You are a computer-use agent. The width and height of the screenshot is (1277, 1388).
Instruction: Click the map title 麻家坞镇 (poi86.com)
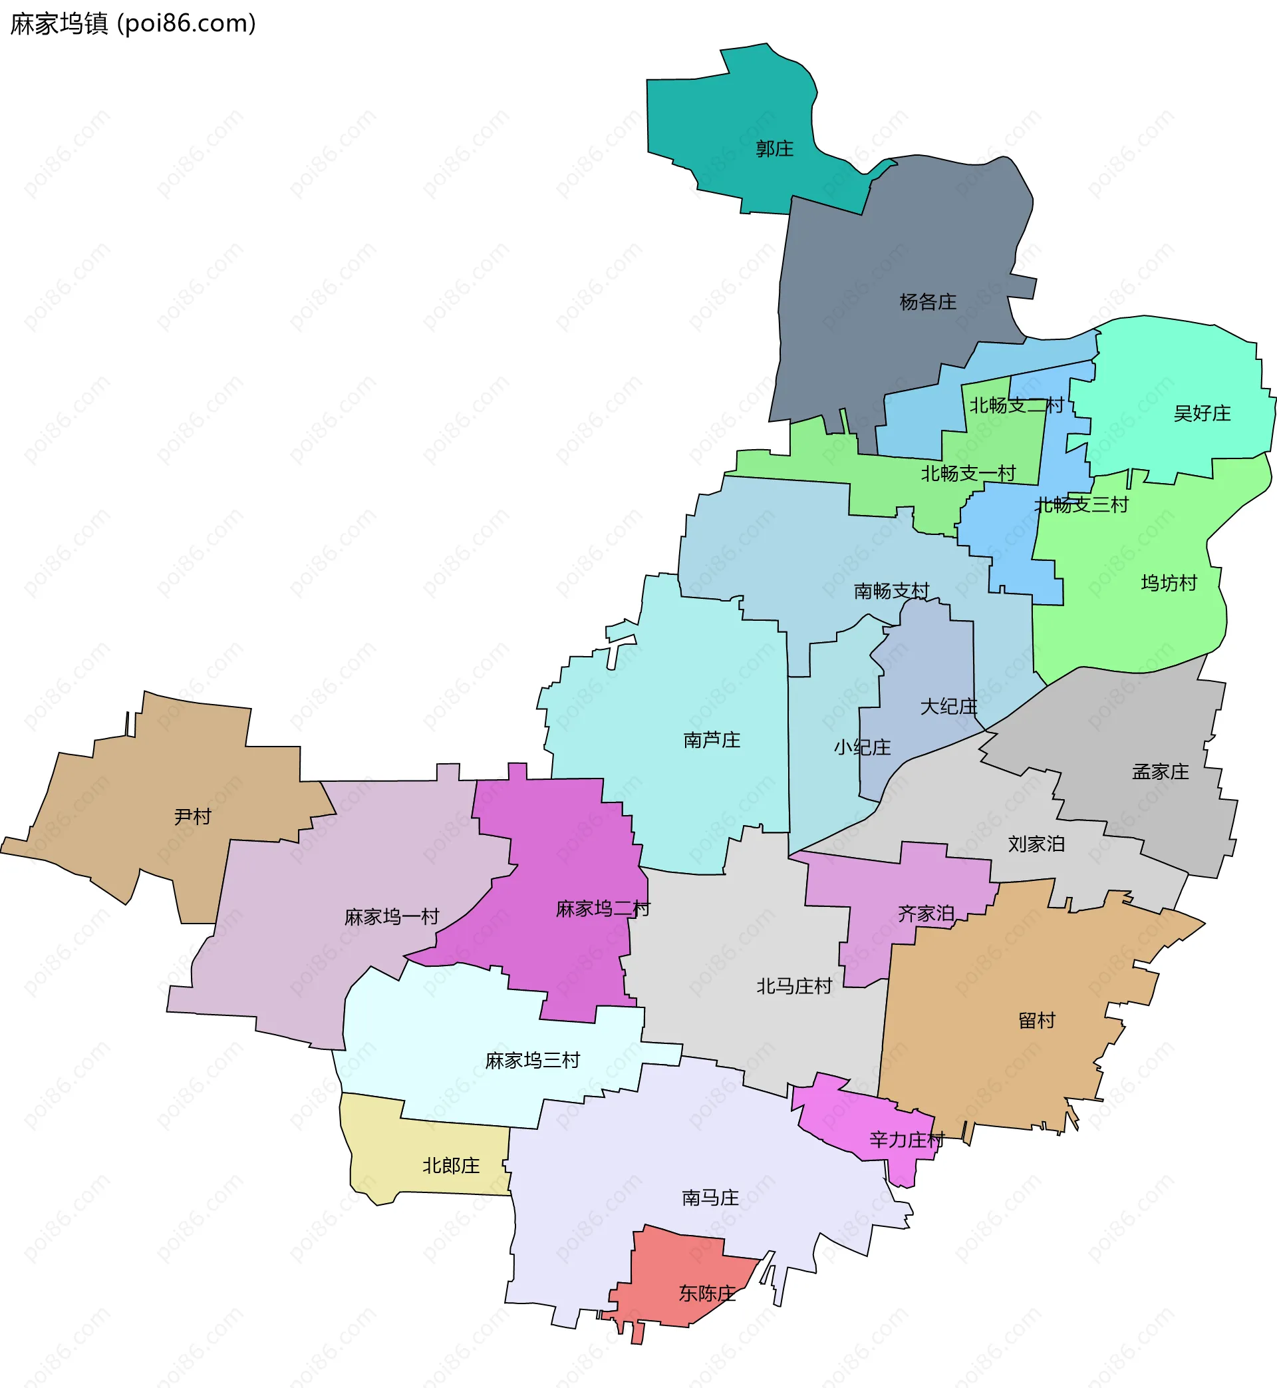point(132,23)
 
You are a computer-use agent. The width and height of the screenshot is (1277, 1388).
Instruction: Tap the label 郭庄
point(775,148)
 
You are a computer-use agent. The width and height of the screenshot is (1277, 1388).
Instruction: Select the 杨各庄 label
point(928,302)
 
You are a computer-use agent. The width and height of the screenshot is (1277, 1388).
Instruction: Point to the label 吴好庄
point(1203,413)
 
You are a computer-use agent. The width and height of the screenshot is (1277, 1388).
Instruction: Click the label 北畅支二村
point(1016,405)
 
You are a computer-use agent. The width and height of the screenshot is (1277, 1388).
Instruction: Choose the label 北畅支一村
point(968,474)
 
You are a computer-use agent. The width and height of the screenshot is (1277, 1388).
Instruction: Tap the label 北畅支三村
point(1081,504)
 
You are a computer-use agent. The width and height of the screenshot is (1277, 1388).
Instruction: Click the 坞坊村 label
point(1169,583)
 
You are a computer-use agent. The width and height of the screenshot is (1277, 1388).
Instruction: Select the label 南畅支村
point(891,591)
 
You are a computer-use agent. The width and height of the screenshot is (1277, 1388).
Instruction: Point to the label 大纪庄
point(948,707)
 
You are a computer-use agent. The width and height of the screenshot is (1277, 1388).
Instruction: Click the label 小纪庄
point(863,747)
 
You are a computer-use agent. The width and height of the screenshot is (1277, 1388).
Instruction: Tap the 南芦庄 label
point(712,741)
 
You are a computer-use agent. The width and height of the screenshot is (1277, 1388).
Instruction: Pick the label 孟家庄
point(1161,771)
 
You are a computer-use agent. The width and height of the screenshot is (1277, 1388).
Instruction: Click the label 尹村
point(192,817)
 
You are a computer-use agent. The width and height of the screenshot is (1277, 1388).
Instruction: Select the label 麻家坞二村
point(603,909)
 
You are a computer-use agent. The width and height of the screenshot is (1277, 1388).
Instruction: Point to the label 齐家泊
point(926,914)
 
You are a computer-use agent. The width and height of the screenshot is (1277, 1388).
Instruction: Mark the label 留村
point(1037,1020)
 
